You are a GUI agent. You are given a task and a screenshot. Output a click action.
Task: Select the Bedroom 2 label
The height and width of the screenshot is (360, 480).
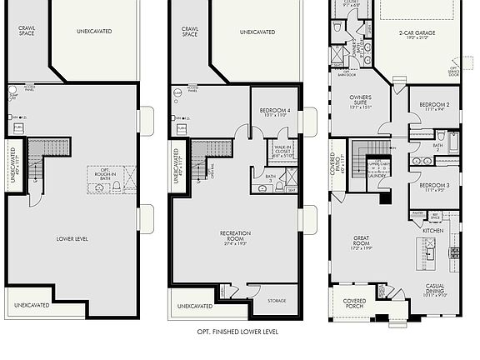point(434,105)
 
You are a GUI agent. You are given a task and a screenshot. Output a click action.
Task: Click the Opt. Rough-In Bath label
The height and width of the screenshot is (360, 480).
point(102,172)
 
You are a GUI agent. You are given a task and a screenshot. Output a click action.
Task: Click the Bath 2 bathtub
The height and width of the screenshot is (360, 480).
point(452,142)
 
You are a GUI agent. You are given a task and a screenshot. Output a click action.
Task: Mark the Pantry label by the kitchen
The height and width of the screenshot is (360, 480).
point(394,214)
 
